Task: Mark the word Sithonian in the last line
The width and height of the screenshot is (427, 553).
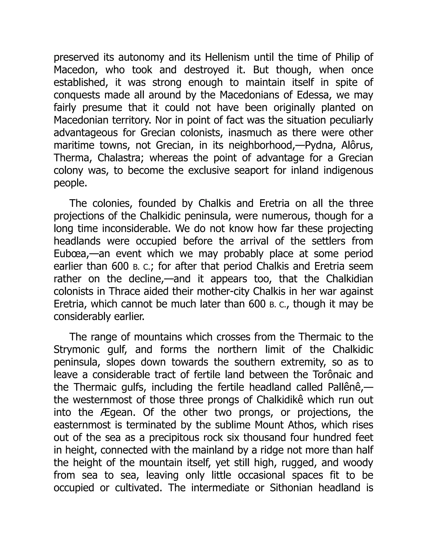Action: tap(291, 488)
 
